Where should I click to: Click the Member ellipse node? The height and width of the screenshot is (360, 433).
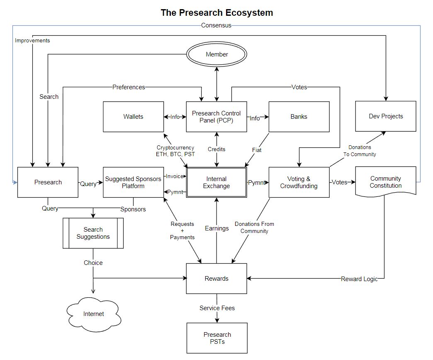(x=216, y=54)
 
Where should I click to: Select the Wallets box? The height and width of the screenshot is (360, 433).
(x=133, y=117)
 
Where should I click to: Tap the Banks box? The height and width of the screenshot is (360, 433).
(x=299, y=117)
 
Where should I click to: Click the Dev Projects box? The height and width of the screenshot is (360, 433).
(x=386, y=116)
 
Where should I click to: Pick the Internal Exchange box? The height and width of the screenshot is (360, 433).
(x=216, y=182)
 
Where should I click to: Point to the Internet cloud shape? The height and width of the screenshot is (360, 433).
(x=93, y=314)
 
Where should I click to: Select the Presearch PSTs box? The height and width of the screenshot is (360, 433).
(x=217, y=338)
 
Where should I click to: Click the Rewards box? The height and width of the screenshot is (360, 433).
(x=216, y=279)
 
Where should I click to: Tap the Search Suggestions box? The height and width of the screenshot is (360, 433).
(x=93, y=233)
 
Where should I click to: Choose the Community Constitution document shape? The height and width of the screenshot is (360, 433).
(x=386, y=182)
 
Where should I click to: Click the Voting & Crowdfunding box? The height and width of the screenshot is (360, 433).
(x=299, y=182)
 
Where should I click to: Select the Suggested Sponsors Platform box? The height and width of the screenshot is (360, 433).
(x=133, y=182)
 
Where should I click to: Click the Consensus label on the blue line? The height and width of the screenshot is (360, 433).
(x=216, y=25)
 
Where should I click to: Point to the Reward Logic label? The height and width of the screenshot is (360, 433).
(x=359, y=279)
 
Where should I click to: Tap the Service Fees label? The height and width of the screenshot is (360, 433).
(x=217, y=308)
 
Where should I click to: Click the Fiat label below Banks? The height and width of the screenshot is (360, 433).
(x=257, y=150)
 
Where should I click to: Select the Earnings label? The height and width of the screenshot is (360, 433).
(x=216, y=228)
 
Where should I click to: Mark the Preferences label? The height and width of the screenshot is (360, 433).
(x=129, y=87)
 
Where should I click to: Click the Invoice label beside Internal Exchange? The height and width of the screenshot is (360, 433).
(x=174, y=176)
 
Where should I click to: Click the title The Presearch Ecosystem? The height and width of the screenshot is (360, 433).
(x=216, y=12)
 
